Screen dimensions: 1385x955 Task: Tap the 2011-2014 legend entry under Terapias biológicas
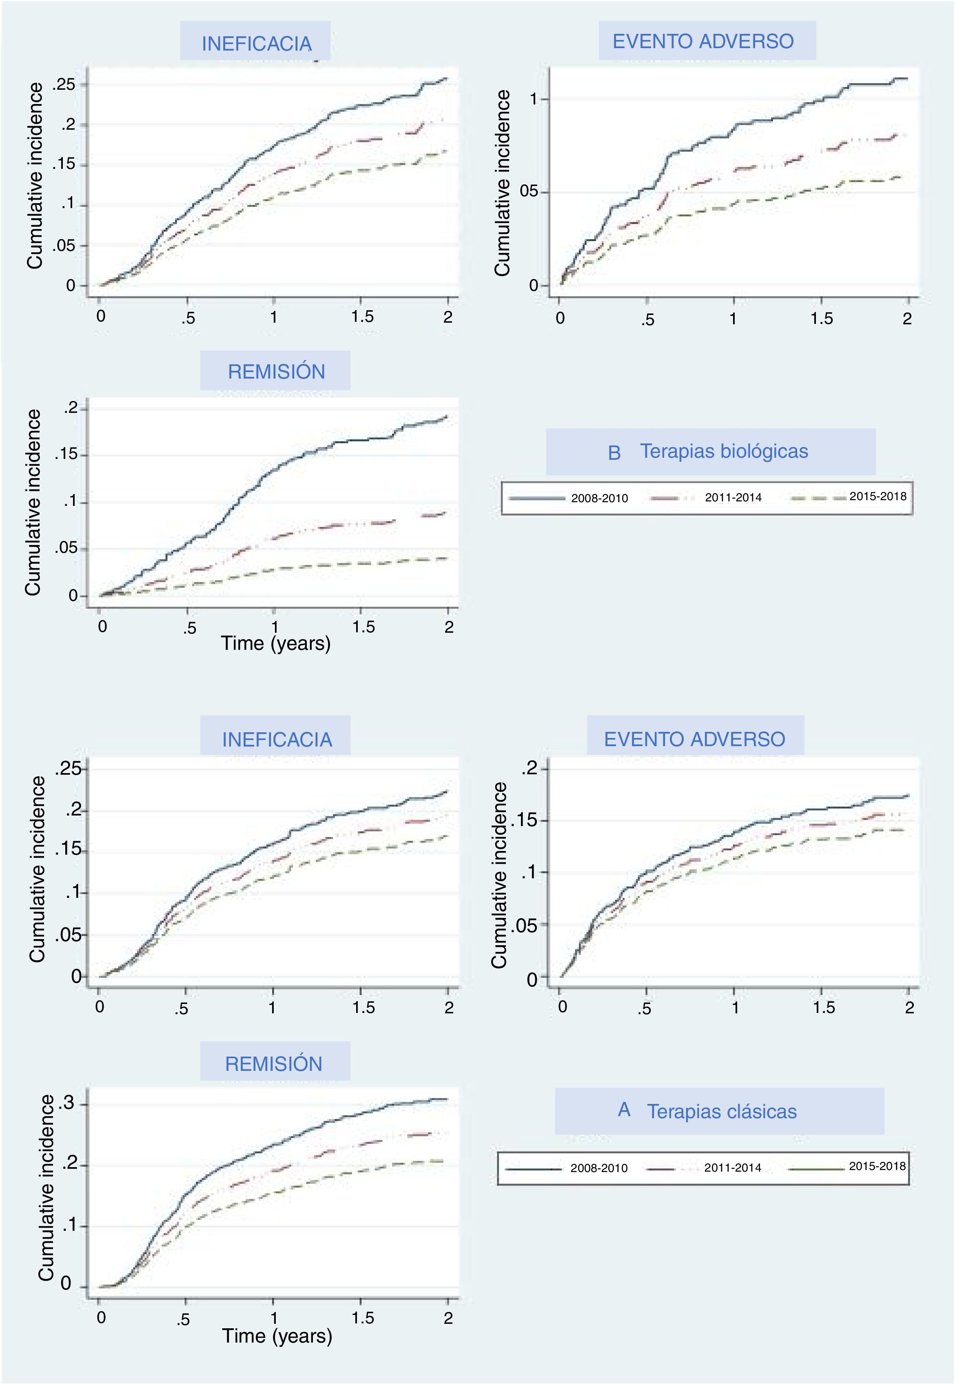click(x=733, y=497)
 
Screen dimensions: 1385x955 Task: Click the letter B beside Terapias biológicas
click(x=614, y=453)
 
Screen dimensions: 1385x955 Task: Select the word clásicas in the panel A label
click(x=760, y=1112)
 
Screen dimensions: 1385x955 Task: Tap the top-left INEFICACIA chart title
click(x=256, y=44)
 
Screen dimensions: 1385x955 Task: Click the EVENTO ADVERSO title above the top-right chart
click(x=703, y=41)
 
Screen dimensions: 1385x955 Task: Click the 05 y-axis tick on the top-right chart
click(x=529, y=192)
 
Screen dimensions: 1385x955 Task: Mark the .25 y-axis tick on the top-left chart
click(x=64, y=84)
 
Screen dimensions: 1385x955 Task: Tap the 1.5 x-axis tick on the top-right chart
click(x=822, y=318)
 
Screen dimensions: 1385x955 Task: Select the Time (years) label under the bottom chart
click(x=277, y=1336)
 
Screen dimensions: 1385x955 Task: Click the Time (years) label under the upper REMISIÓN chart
click(x=275, y=643)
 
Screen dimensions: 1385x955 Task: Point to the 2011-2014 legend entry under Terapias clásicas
click(x=732, y=1167)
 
